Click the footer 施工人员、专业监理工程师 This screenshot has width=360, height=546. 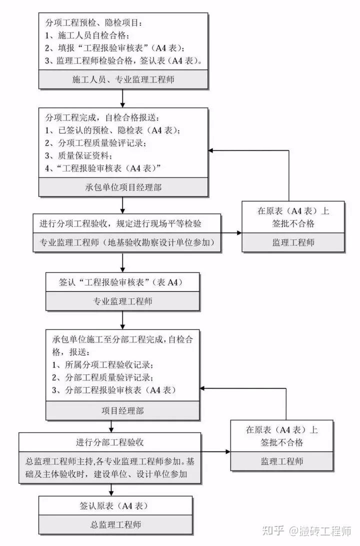pyautogui.click(x=123, y=79)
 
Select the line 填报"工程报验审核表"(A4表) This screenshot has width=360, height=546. pyautogui.click(x=114, y=48)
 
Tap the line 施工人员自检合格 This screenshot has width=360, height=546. pyautogui.click(x=87, y=35)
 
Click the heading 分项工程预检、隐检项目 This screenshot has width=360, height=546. pyautogui.click(x=94, y=22)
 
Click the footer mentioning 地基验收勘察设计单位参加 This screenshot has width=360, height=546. pyautogui.click(x=127, y=242)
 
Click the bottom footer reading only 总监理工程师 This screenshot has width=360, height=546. pyautogui.click(x=115, y=524)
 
